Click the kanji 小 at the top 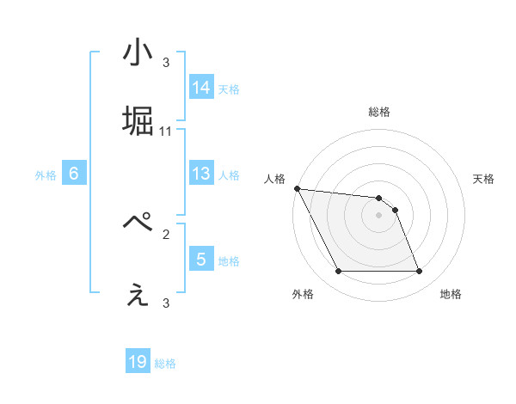tap(138, 54)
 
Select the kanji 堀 tap(138, 123)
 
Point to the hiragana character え tap(138, 295)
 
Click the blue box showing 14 tap(201, 88)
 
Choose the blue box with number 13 tap(201, 174)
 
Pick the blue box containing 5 tap(201, 260)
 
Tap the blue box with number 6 tap(73, 174)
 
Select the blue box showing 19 tap(138, 362)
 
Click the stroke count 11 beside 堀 tap(166, 132)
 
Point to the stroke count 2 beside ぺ tap(166, 232)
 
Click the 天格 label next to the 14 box tap(229, 89)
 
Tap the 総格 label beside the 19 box tap(165, 364)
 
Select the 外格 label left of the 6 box tap(46, 175)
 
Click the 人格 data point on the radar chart tap(297, 188)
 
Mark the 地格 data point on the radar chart tap(419, 272)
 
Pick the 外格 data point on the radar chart tap(338, 272)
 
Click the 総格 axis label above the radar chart tap(378, 113)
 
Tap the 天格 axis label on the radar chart tap(483, 179)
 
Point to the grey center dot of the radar tap(378, 215)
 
